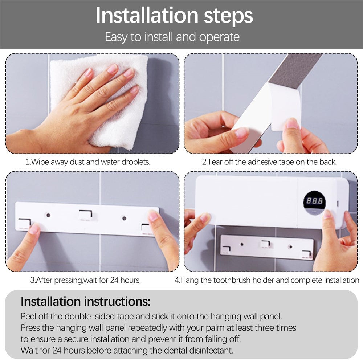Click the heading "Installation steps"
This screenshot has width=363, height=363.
click(x=174, y=16)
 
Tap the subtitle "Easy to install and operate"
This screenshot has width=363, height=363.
click(x=172, y=37)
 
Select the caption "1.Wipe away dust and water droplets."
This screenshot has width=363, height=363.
click(x=88, y=162)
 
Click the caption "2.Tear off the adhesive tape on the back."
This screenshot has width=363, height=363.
click(x=269, y=162)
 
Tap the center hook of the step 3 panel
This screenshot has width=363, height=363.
click(x=86, y=215)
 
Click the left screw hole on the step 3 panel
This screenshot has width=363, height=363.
click(x=48, y=215)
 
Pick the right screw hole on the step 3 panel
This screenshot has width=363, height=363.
click(x=124, y=218)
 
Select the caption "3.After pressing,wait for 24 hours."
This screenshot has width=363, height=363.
click(x=85, y=280)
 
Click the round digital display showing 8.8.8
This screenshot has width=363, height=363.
click(x=314, y=202)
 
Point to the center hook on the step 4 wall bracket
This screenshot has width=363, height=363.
click(x=265, y=244)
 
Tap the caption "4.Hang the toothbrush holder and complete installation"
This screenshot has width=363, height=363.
click(x=267, y=280)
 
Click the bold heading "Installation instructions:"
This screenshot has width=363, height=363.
click(x=85, y=301)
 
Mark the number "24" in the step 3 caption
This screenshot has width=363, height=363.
click(x=114, y=280)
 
